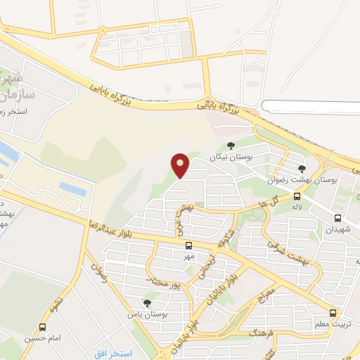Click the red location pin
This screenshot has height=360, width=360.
(x=181, y=165)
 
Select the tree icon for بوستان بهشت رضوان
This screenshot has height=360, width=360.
(x=302, y=169)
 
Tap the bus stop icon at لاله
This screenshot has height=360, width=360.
(x=297, y=196)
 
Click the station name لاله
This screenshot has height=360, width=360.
(x=297, y=207)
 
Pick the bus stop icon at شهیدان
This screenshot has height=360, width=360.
(x=338, y=218)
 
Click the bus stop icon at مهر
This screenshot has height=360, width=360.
(x=188, y=245)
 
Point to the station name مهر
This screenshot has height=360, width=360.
(x=188, y=257)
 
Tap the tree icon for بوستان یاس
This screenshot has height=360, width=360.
(x=146, y=303)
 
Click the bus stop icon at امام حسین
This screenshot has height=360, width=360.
(x=43, y=327)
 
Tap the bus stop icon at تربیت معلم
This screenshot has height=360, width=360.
(x=333, y=313)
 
